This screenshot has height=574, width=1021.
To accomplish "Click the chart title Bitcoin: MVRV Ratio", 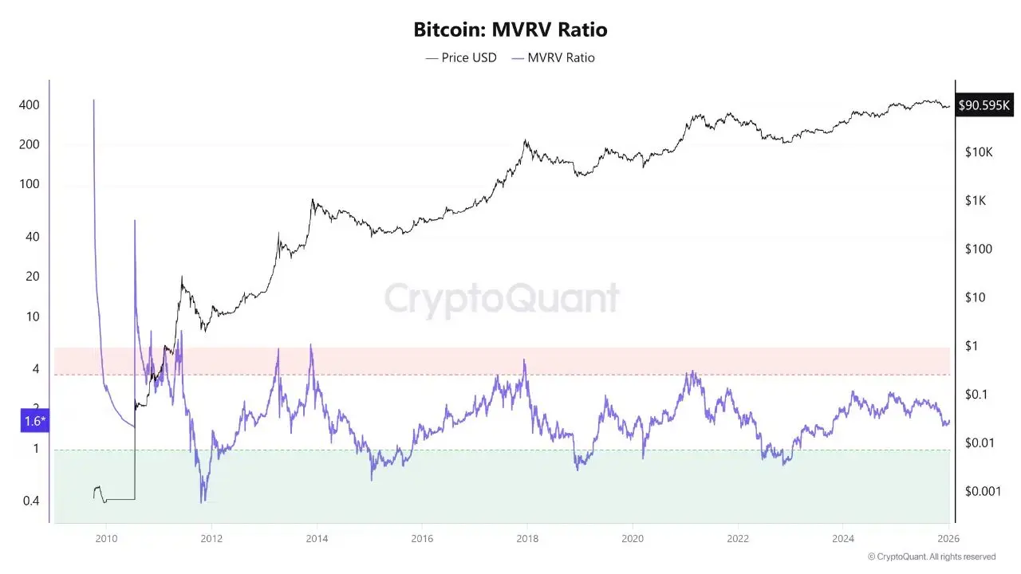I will (510, 30).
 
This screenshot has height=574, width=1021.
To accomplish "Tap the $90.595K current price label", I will (984, 104).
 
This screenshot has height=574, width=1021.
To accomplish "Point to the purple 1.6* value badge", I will (35, 421).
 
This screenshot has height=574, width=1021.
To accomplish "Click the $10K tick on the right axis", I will (978, 151).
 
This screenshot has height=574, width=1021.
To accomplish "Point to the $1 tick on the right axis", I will (971, 346).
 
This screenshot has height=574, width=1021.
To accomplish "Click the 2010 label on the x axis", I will (106, 539).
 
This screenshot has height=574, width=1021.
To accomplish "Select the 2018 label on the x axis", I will (526, 539).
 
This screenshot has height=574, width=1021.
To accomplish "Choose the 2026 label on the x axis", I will (948, 539).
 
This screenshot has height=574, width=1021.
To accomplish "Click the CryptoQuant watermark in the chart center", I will (502, 299).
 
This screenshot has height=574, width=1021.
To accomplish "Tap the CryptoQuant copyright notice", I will (931, 556).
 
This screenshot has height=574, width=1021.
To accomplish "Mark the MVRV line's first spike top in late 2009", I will (94, 100).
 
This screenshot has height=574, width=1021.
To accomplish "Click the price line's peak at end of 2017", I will (526, 141).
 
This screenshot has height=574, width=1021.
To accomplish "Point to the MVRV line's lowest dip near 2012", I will (203, 501).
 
